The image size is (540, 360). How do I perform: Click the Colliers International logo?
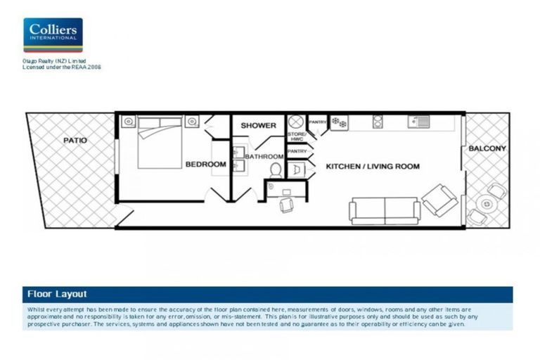tap(53, 35)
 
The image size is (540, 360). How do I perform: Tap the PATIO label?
tap(75, 141)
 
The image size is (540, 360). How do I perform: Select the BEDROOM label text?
tap(206, 165)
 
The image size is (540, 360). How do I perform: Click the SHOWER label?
tap(259, 126)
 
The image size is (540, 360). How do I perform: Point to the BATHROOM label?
tap(264, 156)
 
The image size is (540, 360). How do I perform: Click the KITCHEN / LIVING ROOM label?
tap(373, 167)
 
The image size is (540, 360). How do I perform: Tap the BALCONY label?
tap(487, 148)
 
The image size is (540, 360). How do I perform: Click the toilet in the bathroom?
tap(276, 169)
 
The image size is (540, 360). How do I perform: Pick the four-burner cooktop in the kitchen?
tap(339, 122)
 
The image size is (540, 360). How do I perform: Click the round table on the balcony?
tap(486, 204)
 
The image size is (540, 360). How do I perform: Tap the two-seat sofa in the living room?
tap(385, 210)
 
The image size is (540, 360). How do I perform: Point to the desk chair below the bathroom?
tap(288, 204)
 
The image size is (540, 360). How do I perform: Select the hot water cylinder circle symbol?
tap(295, 121)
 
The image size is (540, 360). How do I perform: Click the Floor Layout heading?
tap(57, 294)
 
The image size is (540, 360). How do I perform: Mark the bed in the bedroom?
tap(160, 142)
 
